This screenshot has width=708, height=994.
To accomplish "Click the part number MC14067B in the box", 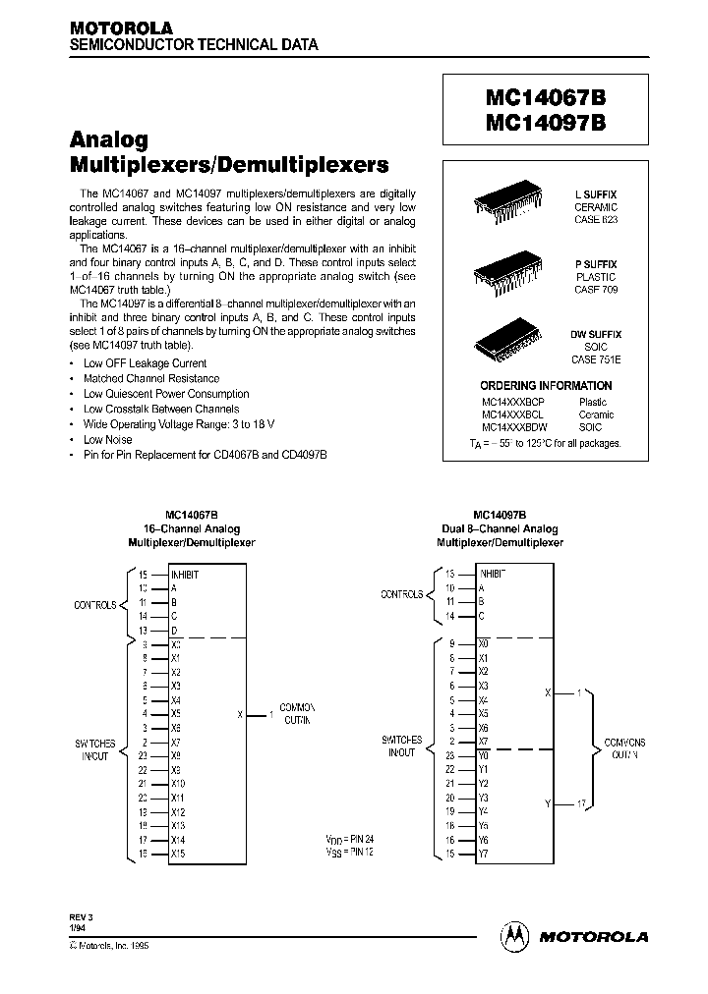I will pyautogui.click(x=545, y=99).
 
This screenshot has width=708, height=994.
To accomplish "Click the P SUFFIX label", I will pyautogui.click(x=595, y=265).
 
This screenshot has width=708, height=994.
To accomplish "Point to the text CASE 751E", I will pyautogui.click(x=595, y=359).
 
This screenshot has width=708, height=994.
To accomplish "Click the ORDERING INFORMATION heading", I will pyautogui.click(x=545, y=386).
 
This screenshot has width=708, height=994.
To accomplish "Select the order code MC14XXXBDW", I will pyautogui.click(x=514, y=427).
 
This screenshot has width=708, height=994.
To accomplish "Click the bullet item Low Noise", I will pyautogui.click(x=107, y=440).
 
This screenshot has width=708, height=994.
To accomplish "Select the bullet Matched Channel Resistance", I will pyautogui.click(x=150, y=378).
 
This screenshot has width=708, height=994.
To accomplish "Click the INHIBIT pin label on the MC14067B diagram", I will pyautogui.click(x=185, y=575).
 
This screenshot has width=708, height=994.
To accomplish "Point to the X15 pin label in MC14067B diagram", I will pyautogui.click(x=178, y=854).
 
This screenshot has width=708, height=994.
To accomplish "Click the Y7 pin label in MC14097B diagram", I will pyautogui.click(x=483, y=854).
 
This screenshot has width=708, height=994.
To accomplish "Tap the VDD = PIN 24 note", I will pyautogui.click(x=349, y=840).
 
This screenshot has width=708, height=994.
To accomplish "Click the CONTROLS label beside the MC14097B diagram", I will pyautogui.click(x=401, y=594).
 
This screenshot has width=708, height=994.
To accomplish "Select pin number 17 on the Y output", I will pyautogui.click(x=581, y=803).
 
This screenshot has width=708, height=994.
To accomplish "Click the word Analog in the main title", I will pyautogui.click(x=109, y=140).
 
